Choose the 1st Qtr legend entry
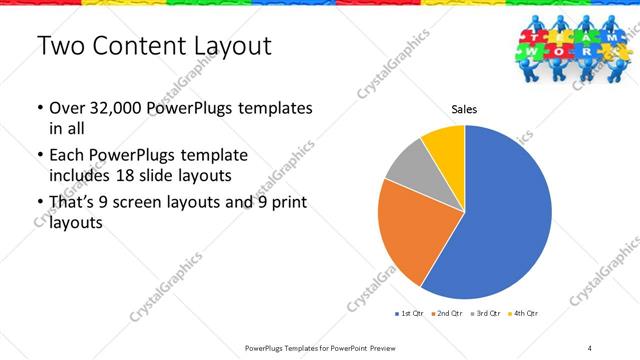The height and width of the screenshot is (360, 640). coord(409,314)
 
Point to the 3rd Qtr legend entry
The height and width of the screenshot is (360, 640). coord(485,314)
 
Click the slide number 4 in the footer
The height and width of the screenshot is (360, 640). coord(590,347)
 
